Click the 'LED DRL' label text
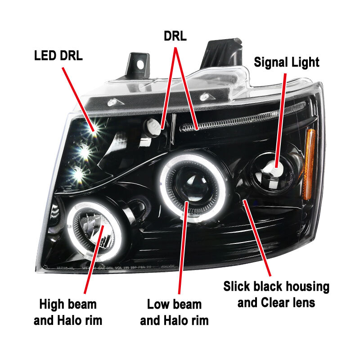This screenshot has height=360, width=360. click(x=58, y=55)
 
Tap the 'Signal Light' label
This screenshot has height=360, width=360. click(x=287, y=62)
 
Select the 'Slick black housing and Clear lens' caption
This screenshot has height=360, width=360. click(x=276, y=294)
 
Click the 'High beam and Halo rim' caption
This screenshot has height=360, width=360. click(x=68, y=312)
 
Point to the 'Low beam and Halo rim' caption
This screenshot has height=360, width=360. click(x=174, y=312)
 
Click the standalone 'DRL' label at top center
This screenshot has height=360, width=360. click(x=175, y=36)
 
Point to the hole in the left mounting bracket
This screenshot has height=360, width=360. click(x=140, y=65)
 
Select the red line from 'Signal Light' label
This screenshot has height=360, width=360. click(x=281, y=121)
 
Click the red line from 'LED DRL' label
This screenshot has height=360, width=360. click(x=78, y=99)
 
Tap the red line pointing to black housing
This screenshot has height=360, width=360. click(x=257, y=238)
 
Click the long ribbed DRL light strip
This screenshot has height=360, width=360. click(x=243, y=117)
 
